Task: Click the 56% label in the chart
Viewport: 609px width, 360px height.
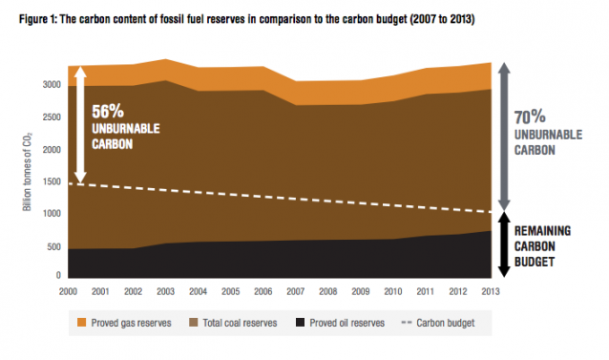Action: [110, 110]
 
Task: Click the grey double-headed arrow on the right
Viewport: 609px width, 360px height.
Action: [507, 135]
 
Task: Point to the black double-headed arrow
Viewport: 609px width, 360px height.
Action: [507, 244]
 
